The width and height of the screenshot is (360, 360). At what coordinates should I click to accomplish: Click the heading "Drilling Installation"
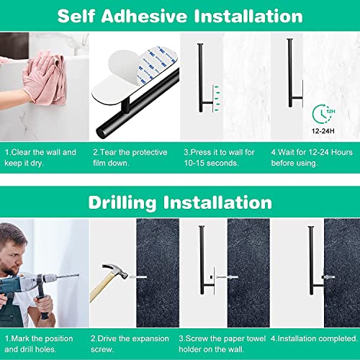click(x=179, y=203)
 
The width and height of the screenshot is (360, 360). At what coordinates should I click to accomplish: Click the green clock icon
click(x=322, y=114)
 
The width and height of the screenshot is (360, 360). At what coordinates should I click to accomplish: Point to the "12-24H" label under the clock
click(x=322, y=132)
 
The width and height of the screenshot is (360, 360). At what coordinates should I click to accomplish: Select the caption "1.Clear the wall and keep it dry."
click(x=41, y=158)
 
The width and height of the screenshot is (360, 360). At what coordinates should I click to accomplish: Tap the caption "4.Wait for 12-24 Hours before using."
click(x=311, y=158)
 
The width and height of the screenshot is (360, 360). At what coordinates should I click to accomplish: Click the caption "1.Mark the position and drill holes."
click(x=42, y=343)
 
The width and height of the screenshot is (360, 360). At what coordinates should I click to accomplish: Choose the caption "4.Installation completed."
click(x=312, y=337)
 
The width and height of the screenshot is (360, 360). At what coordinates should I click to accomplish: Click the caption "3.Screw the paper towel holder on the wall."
click(x=219, y=343)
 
